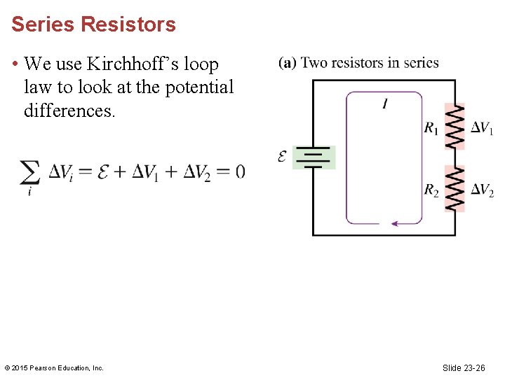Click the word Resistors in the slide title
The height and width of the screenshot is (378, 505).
tap(128, 24)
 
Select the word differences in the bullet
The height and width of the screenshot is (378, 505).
tap(68, 111)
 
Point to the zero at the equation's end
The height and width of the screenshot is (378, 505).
tap(240, 171)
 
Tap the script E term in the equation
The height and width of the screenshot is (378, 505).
tap(102, 171)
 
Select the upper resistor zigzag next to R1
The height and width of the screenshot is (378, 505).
tap(455, 126)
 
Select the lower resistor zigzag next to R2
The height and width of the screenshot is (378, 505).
tap(455, 188)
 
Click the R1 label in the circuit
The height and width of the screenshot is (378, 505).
tap(431, 128)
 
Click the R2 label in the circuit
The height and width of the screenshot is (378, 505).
tap(431, 190)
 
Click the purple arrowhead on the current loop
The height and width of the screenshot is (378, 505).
tap(395, 224)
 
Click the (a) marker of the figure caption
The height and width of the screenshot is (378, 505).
tap(287, 63)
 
